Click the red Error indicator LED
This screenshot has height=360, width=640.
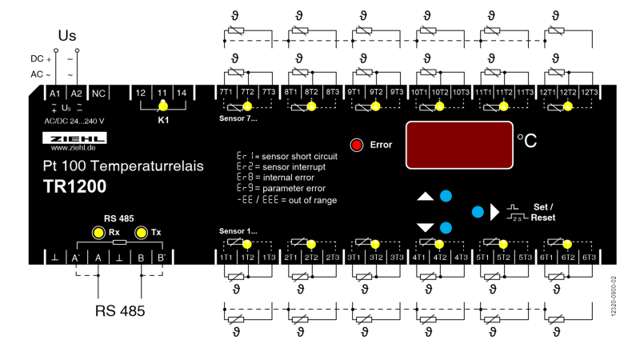[357, 145]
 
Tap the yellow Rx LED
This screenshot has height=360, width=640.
[98, 233]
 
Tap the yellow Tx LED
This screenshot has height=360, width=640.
[142, 233]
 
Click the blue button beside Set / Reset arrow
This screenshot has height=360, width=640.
[478, 212]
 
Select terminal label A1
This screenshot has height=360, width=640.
[55, 94]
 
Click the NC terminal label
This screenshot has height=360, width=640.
[98, 94]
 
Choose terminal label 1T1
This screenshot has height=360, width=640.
[226, 258]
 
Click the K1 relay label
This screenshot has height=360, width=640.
[162, 120]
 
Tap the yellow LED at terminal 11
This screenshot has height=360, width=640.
[162, 105]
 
